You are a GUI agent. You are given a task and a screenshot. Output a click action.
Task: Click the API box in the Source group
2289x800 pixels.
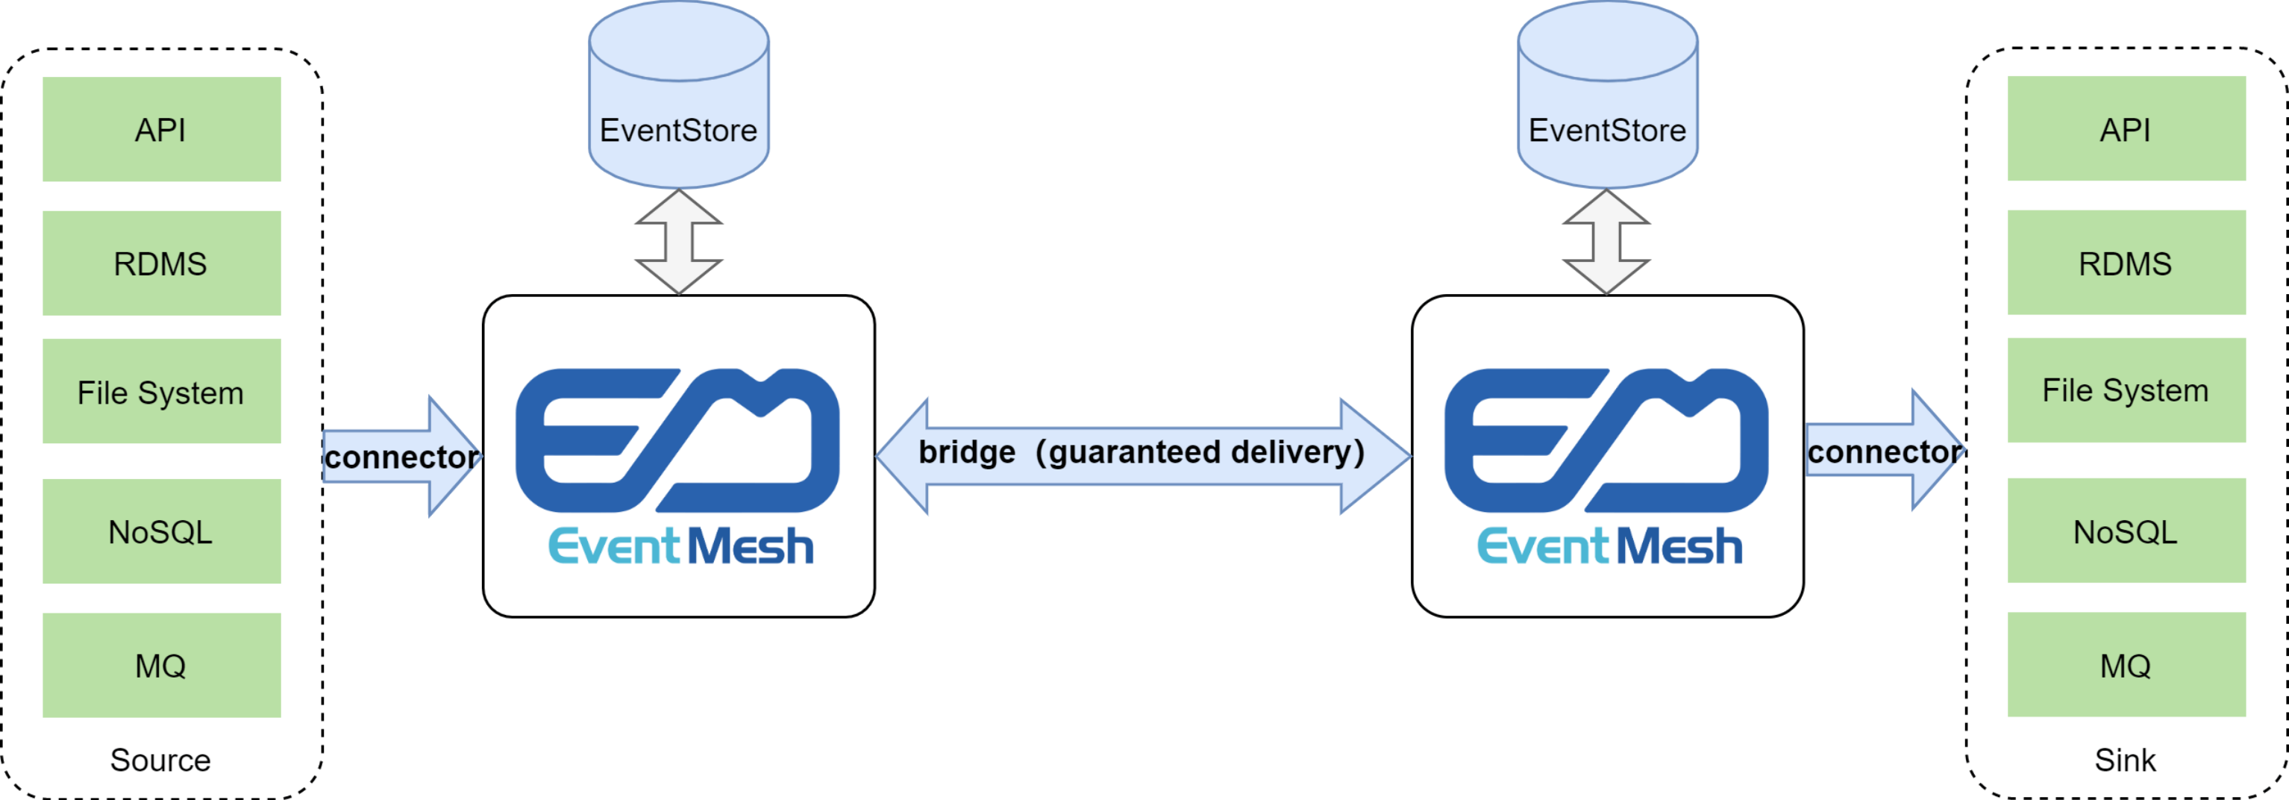[162, 129]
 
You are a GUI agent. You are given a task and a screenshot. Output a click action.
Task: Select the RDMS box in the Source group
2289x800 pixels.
[162, 263]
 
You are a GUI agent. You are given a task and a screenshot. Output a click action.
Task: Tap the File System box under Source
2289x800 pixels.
[162, 391]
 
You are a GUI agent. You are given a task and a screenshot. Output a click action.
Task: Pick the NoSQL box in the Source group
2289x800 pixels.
[162, 531]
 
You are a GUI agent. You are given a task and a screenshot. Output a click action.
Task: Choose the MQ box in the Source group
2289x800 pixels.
[162, 665]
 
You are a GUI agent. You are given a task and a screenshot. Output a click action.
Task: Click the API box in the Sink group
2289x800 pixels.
[2126, 129]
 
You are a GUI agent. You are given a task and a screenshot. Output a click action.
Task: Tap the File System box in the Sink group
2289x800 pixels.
[2126, 390]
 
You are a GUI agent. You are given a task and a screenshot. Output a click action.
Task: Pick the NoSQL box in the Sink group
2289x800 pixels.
[2126, 531]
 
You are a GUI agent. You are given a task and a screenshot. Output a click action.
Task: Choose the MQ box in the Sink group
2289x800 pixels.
[2126, 664]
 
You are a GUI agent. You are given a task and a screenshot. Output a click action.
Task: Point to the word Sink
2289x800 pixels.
[2125, 760]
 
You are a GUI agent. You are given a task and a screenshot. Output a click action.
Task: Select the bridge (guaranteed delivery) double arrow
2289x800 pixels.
[1142, 455]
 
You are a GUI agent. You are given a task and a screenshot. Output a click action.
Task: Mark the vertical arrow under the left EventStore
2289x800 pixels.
[679, 241]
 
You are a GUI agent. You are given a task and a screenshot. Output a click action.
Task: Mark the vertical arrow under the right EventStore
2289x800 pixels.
[1606, 241]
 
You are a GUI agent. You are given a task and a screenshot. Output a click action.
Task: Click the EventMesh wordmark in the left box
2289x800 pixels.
[680, 546]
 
